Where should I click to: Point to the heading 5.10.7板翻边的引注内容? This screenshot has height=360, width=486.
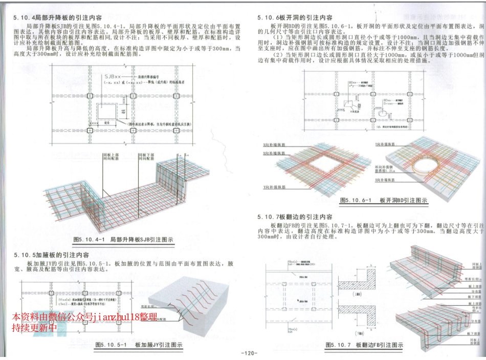click(x=295, y=217)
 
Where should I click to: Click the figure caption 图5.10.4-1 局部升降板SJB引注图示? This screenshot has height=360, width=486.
click(x=123, y=239)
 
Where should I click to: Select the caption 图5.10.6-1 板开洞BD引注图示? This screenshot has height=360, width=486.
click(x=383, y=201)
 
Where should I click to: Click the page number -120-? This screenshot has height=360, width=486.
click(x=248, y=353)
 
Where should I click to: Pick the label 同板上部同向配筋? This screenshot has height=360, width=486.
click(x=111, y=157)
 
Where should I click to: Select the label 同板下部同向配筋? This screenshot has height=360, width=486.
click(x=146, y=157)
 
